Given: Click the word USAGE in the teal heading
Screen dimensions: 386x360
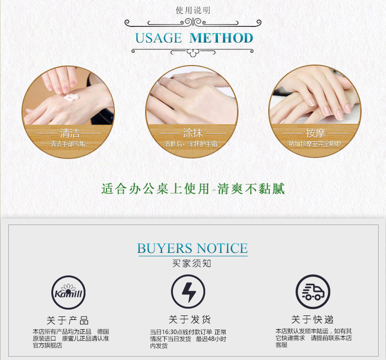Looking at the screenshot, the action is coord(158,38).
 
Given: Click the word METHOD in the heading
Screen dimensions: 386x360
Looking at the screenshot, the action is coord(221,38).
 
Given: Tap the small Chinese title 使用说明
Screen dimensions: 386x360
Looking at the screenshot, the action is coord(193,10).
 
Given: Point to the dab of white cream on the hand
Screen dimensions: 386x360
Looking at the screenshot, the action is coord(71,97).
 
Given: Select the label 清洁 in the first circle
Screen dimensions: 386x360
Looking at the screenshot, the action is coord(70,134).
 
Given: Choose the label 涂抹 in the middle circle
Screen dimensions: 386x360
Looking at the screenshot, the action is coord(193,134).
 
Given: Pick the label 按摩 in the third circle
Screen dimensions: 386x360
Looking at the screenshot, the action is coord(315,134).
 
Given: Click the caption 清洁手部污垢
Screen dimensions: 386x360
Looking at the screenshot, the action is coord(68,144).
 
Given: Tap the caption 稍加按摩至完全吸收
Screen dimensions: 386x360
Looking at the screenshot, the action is coord(315,144).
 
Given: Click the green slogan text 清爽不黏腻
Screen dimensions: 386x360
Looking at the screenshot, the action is coord(251,189).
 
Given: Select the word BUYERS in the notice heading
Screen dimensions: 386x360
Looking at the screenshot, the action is coord(165,248).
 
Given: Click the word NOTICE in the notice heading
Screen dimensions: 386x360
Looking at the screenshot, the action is coord(222,248).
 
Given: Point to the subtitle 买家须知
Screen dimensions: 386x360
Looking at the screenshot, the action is coord(192,264).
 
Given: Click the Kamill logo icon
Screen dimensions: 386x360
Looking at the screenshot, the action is coord(68,292).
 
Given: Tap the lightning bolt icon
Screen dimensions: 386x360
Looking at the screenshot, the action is coord(188,292).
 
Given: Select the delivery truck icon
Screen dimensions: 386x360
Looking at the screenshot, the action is coord(313,292).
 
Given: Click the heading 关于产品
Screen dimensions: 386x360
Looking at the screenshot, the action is coord(68,320).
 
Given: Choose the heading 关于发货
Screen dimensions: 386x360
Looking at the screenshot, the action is coord(190,319).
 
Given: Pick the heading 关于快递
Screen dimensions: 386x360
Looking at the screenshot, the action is coord(312,319).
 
